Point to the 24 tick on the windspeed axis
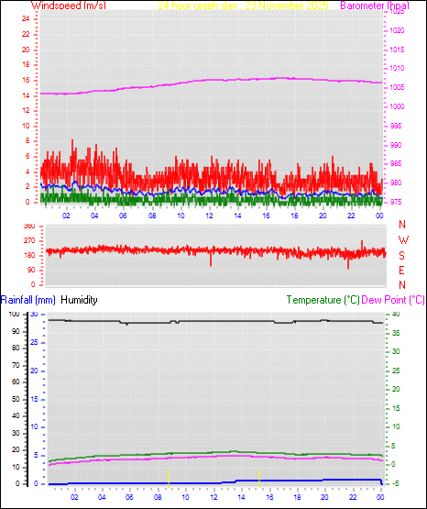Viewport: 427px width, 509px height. point(29,21)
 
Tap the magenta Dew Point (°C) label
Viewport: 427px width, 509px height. point(394,300)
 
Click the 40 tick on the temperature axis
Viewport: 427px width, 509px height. point(396,315)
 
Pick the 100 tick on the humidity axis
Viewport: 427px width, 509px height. point(12,315)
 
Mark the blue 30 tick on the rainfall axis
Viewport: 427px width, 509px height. point(34,315)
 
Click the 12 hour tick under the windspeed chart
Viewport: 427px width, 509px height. point(210,216)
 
